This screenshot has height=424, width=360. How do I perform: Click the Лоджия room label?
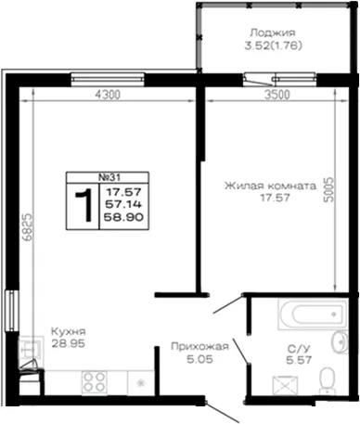click(x=273, y=32)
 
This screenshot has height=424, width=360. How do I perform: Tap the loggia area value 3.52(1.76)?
click(x=273, y=45)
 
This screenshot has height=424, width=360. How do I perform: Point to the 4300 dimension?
click(x=108, y=95)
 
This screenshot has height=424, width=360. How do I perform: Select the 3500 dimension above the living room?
click(x=277, y=95)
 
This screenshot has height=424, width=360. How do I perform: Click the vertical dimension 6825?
click(x=27, y=227)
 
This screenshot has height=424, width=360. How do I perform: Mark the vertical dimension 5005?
click(x=329, y=189)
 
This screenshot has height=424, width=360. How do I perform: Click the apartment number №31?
click(x=109, y=177)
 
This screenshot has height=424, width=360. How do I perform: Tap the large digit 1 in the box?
click(x=84, y=205)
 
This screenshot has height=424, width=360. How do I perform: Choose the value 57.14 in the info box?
click(x=123, y=204)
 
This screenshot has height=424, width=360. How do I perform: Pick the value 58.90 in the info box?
click(x=123, y=217)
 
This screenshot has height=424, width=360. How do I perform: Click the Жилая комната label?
click(x=270, y=186)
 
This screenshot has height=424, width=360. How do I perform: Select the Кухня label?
click(x=69, y=332)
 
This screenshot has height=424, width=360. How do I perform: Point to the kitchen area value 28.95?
click(x=68, y=343)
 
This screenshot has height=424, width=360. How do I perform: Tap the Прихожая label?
click(x=199, y=347)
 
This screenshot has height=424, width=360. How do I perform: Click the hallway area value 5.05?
click(x=199, y=359)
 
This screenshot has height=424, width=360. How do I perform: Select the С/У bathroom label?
click(x=299, y=349)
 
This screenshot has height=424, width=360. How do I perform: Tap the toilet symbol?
click(x=326, y=380)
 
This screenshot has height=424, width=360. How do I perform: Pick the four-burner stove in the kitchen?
click(x=95, y=382)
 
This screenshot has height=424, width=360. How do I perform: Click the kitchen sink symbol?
click(x=31, y=348)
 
